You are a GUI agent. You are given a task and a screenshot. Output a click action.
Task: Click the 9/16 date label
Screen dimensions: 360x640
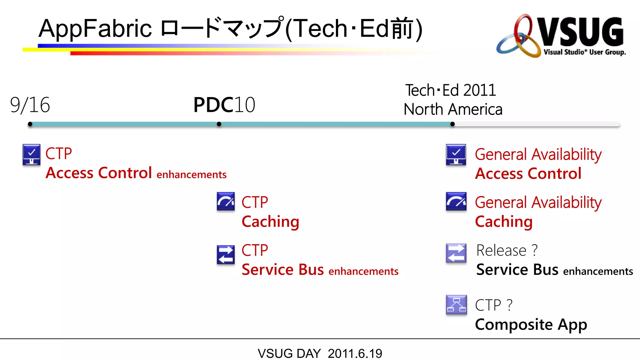(x=30, y=105)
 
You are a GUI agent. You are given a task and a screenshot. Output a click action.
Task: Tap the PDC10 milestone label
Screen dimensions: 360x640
(x=224, y=105)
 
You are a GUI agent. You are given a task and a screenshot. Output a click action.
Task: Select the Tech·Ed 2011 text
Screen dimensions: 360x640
(x=451, y=91)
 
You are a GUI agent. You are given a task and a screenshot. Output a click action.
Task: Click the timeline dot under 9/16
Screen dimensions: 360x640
(x=30, y=124)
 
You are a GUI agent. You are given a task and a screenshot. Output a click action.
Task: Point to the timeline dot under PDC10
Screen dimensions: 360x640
(x=219, y=124)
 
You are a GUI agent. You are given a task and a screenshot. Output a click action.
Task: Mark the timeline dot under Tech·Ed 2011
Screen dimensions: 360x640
(x=452, y=124)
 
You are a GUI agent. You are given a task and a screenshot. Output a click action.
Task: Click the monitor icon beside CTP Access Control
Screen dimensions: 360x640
(x=32, y=154)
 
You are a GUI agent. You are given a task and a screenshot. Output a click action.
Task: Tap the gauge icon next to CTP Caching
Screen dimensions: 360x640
(x=226, y=202)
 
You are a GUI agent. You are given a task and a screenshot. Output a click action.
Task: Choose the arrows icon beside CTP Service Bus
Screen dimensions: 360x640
(x=226, y=255)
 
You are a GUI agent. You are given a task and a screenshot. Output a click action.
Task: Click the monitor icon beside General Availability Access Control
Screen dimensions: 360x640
(x=456, y=154)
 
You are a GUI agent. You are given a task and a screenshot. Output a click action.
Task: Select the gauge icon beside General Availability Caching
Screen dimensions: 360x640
(x=456, y=202)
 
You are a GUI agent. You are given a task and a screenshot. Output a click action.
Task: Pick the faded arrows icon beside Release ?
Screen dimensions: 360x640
(x=456, y=253)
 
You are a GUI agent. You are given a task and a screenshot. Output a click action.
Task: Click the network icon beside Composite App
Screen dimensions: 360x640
(x=456, y=304)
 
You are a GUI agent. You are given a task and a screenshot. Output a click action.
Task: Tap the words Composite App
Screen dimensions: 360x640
(x=531, y=324)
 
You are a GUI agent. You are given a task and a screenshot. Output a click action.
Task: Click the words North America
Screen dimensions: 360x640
(x=453, y=110)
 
